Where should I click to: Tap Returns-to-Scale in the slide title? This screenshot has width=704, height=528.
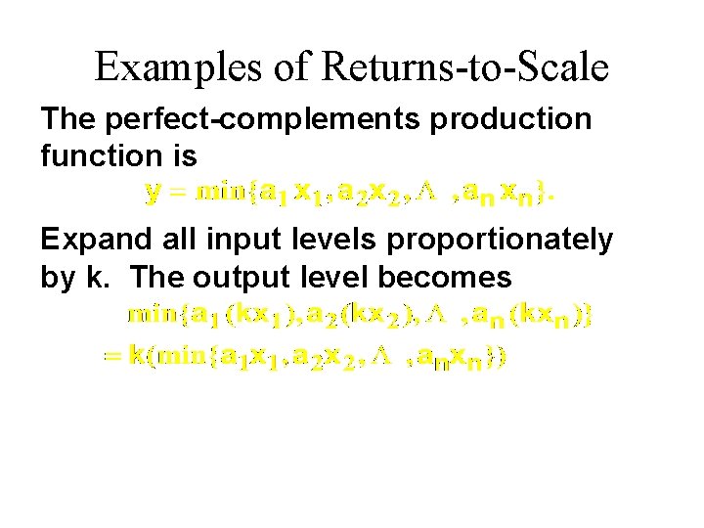point(464,67)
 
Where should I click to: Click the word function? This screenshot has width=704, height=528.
point(99,155)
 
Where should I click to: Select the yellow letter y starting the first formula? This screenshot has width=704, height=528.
point(152,193)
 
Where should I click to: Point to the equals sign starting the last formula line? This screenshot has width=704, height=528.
point(110,358)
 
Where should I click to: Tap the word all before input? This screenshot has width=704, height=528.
point(170,240)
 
